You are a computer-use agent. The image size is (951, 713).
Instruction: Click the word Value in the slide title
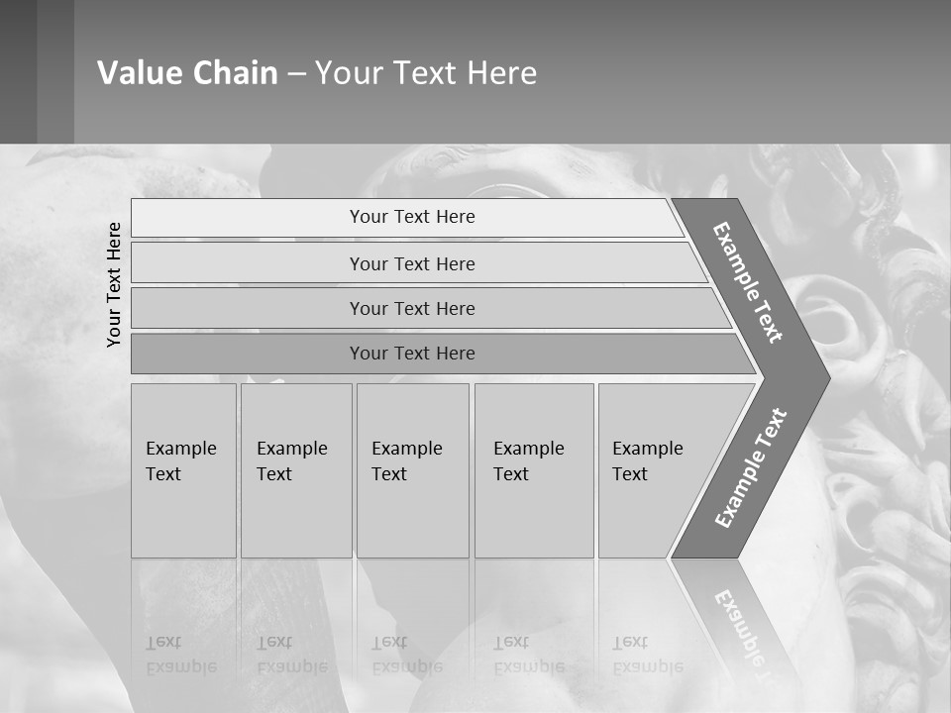tap(137, 73)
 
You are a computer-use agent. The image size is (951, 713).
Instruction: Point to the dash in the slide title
tap(296, 74)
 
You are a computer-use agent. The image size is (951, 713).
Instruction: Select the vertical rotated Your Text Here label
tap(114, 284)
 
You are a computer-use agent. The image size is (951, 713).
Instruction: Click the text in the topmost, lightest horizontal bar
tap(412, 217)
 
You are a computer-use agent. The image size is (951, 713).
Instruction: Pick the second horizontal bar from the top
tap(412, 263)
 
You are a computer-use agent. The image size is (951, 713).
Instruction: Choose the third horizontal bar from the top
tap(412, 308)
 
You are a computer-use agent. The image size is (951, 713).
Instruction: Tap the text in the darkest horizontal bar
tap(412, 354)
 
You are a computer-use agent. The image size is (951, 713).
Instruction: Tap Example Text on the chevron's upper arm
tap(748, 282)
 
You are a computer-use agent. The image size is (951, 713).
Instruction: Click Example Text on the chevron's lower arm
tap(751, 468)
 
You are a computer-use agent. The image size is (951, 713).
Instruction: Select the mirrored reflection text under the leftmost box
tap(181, 655)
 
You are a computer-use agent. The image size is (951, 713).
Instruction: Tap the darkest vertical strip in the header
tap(18, 71)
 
